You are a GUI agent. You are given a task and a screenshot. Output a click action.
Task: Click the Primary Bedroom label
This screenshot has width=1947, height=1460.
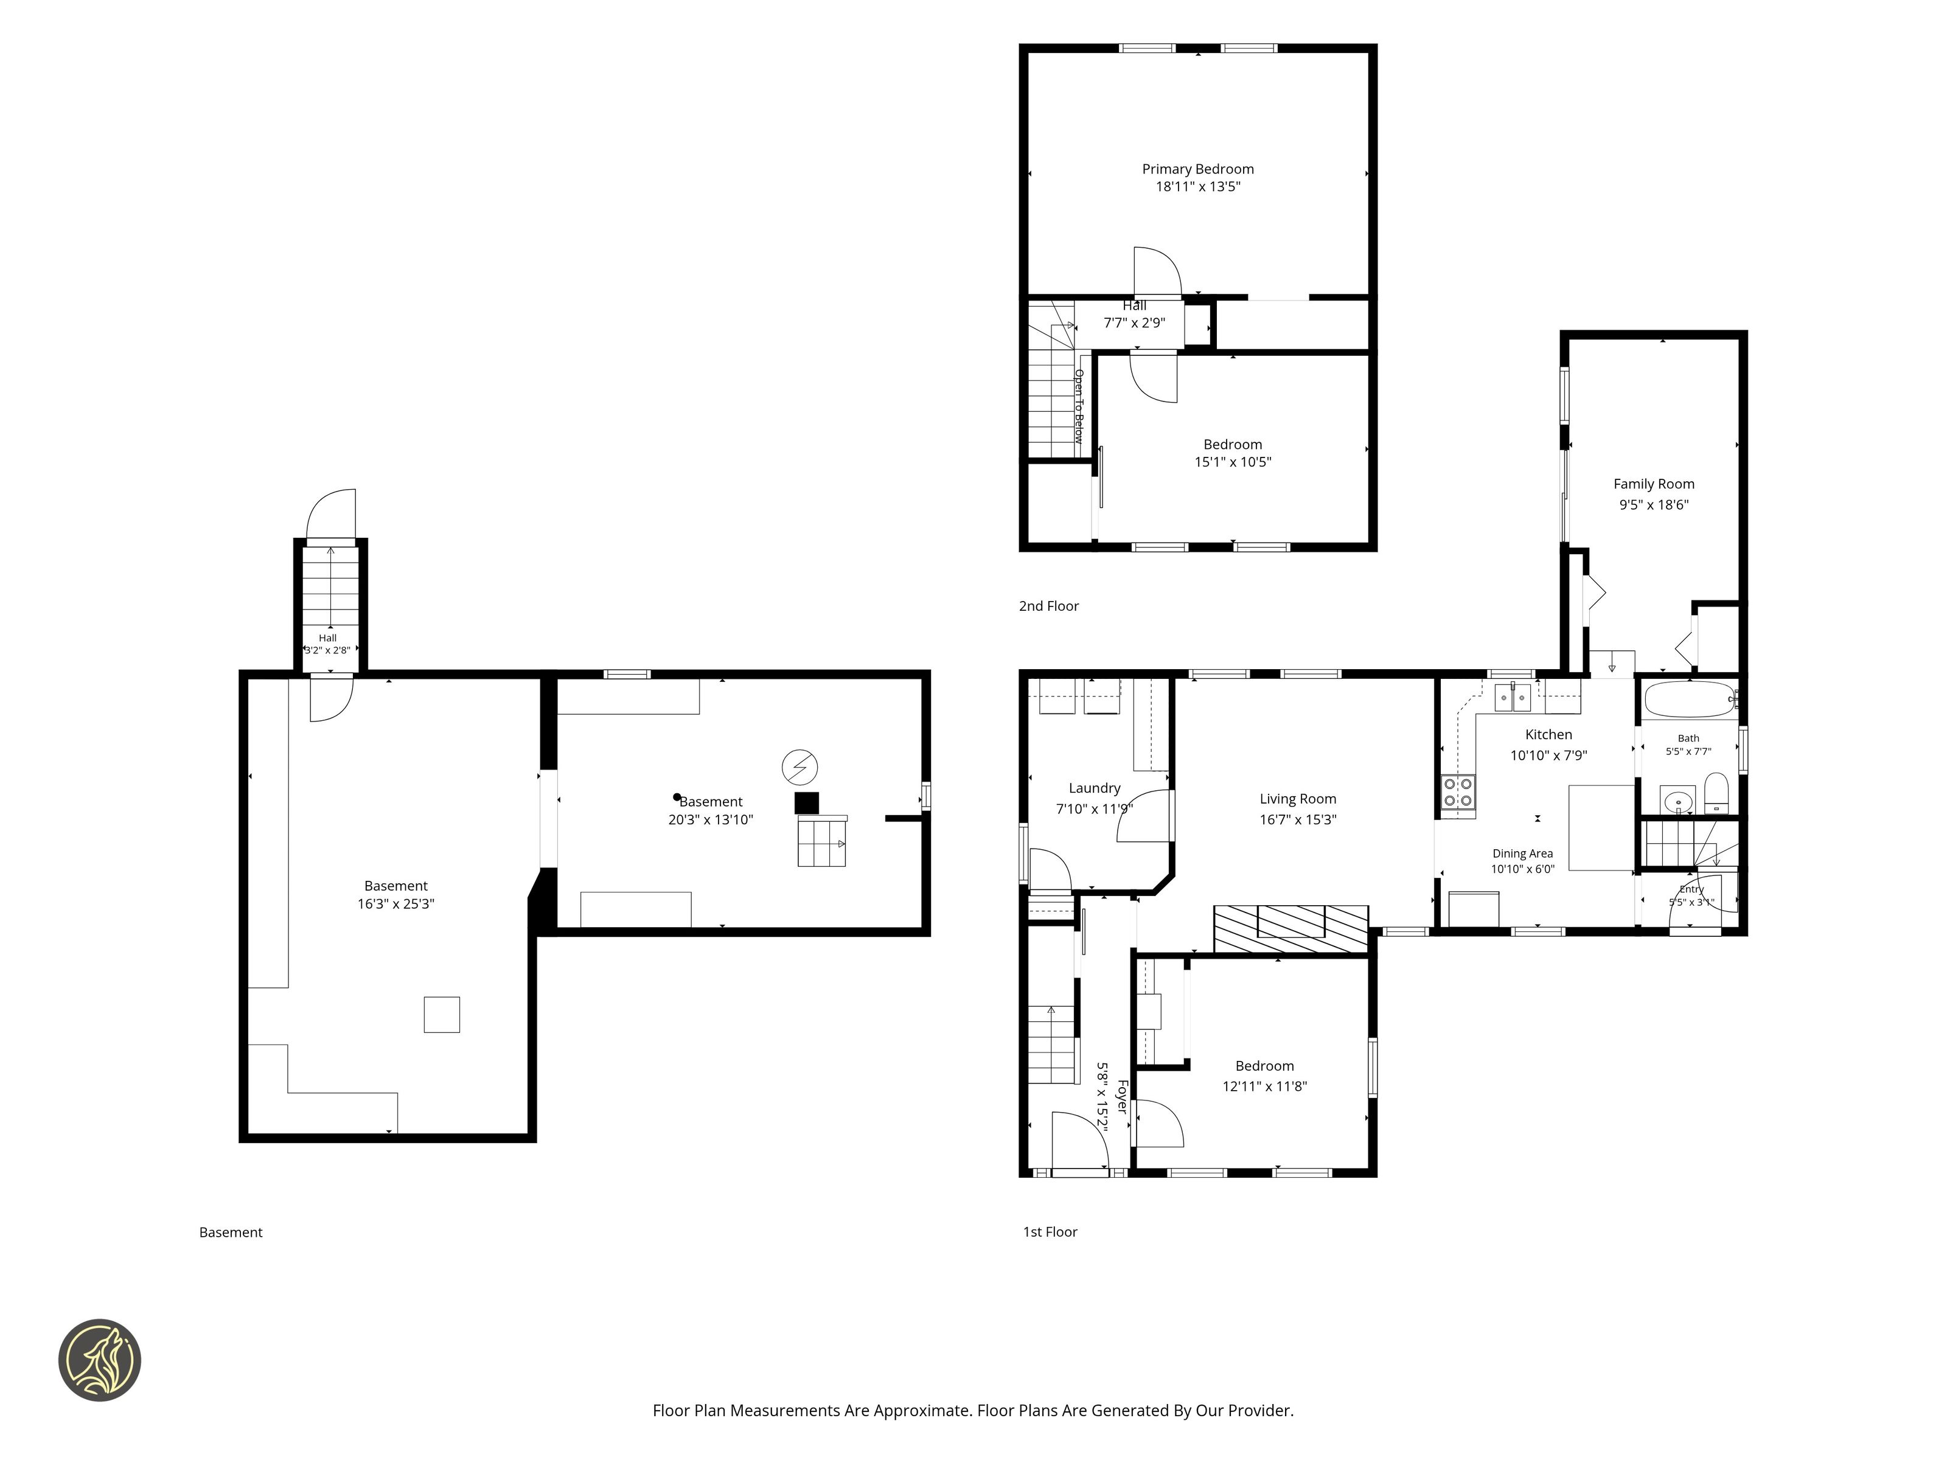point(1198,169)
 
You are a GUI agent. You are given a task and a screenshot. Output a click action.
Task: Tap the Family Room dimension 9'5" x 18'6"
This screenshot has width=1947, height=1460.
point(1654,505)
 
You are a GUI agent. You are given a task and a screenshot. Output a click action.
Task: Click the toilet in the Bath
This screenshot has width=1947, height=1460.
point(1717,794)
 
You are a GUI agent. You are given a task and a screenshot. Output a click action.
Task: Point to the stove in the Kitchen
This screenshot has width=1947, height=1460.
point(1458,792)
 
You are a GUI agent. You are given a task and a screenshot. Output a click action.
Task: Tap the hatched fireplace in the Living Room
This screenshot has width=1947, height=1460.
point(1291,928)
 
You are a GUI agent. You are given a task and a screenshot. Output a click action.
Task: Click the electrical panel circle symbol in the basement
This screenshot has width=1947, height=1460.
point(800,767)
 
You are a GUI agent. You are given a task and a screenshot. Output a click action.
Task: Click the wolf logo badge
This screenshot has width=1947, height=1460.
point(99,1360)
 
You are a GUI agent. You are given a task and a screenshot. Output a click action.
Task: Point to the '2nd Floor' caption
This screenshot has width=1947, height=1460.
point(1048,607)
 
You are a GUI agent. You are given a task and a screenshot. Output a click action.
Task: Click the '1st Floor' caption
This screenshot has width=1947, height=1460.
point(1050,1232)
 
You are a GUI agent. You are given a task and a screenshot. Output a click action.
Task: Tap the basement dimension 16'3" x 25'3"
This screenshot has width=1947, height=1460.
point(396,904)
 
